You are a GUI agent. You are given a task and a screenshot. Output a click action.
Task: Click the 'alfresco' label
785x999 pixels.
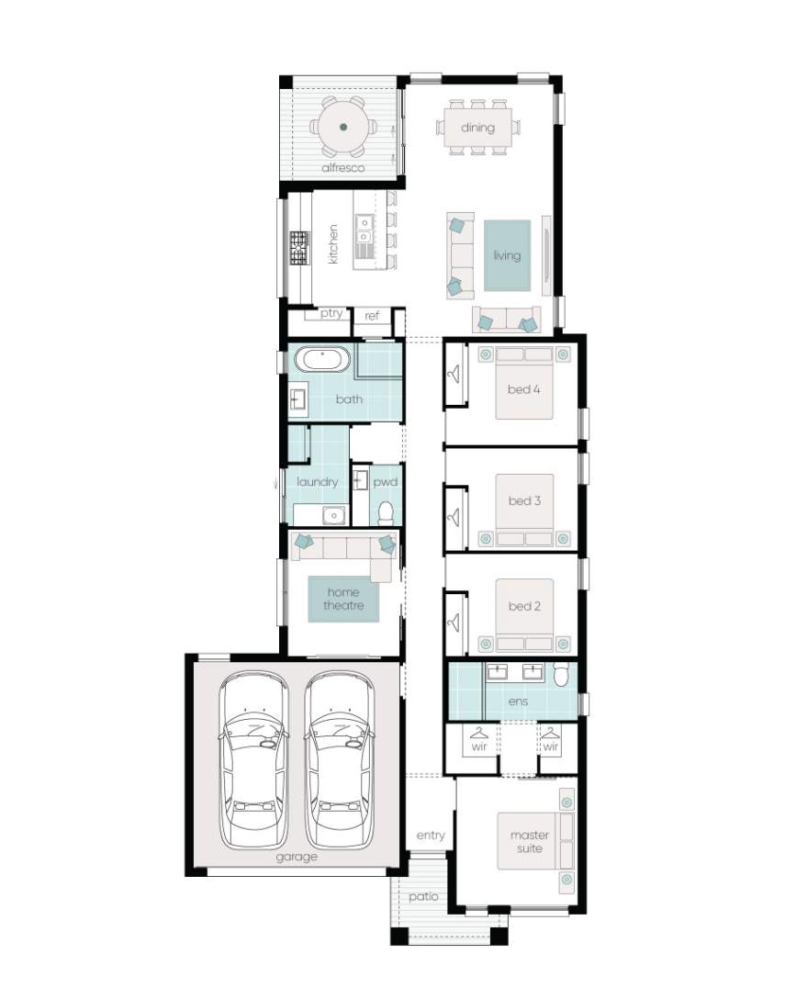pos(342,167)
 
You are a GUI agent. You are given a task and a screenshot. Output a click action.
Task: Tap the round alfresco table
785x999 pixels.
pos(342,127)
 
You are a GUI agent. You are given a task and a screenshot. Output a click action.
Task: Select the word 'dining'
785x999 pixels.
pos(477,128)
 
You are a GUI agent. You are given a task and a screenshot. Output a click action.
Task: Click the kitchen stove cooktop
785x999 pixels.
pos(299,248)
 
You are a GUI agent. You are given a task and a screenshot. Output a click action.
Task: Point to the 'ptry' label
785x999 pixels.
pos(331,313)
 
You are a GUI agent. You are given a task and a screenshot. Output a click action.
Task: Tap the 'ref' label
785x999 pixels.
pos(372,315)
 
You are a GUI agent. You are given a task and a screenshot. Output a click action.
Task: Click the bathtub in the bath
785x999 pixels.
pos(325,359)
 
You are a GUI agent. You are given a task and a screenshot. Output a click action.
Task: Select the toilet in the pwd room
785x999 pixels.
pos(386,513)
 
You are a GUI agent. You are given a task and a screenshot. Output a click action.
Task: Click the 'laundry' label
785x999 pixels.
pos(317,482)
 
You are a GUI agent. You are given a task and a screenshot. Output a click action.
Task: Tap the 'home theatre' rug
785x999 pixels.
pos(343,599)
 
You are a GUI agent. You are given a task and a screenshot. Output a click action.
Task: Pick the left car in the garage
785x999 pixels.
pos(253,760)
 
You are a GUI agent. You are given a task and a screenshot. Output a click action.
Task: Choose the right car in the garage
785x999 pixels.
pos(339,760)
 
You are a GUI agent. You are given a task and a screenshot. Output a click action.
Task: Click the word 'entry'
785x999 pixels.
pos(430,836)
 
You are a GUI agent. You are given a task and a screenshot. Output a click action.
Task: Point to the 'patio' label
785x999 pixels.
pos(423,896)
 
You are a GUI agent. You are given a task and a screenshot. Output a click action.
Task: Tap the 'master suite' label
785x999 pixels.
pos(530,842)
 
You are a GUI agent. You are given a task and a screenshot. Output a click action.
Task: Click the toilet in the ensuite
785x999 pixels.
pos(561,675)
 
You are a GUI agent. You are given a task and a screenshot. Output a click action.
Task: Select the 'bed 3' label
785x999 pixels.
pos(524,500)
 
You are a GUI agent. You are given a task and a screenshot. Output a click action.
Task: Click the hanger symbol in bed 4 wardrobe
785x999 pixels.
pos(454,374)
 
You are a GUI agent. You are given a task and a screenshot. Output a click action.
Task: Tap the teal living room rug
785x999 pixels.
pos(507,255)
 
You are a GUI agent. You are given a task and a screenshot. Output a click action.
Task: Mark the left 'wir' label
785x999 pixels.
pos(478,746)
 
